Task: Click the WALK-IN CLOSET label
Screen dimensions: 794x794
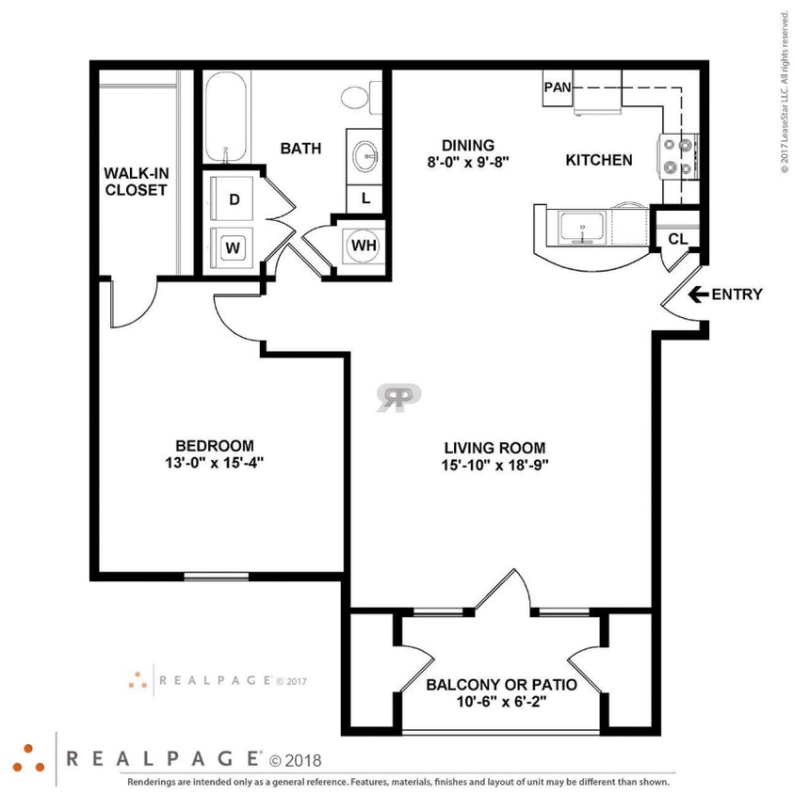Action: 136,182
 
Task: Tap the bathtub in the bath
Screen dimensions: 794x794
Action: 227,119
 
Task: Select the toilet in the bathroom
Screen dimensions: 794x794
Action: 359,96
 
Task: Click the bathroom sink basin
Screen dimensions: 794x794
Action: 365,155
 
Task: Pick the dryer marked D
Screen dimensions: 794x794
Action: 235,198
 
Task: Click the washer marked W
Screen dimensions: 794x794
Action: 234,249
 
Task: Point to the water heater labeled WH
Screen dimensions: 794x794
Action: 364,246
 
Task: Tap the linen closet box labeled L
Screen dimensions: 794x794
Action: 365,198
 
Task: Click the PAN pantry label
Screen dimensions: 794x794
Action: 558,87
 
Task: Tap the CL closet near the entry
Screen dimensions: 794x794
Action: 677,239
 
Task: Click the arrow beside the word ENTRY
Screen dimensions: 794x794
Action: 698,294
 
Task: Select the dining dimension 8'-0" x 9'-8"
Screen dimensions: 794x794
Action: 468,161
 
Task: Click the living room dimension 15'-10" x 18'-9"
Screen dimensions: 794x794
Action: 495,464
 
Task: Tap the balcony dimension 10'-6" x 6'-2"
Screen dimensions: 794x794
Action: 500,701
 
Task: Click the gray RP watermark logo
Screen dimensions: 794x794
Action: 398,397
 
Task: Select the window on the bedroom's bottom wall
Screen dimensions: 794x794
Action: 216,575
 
